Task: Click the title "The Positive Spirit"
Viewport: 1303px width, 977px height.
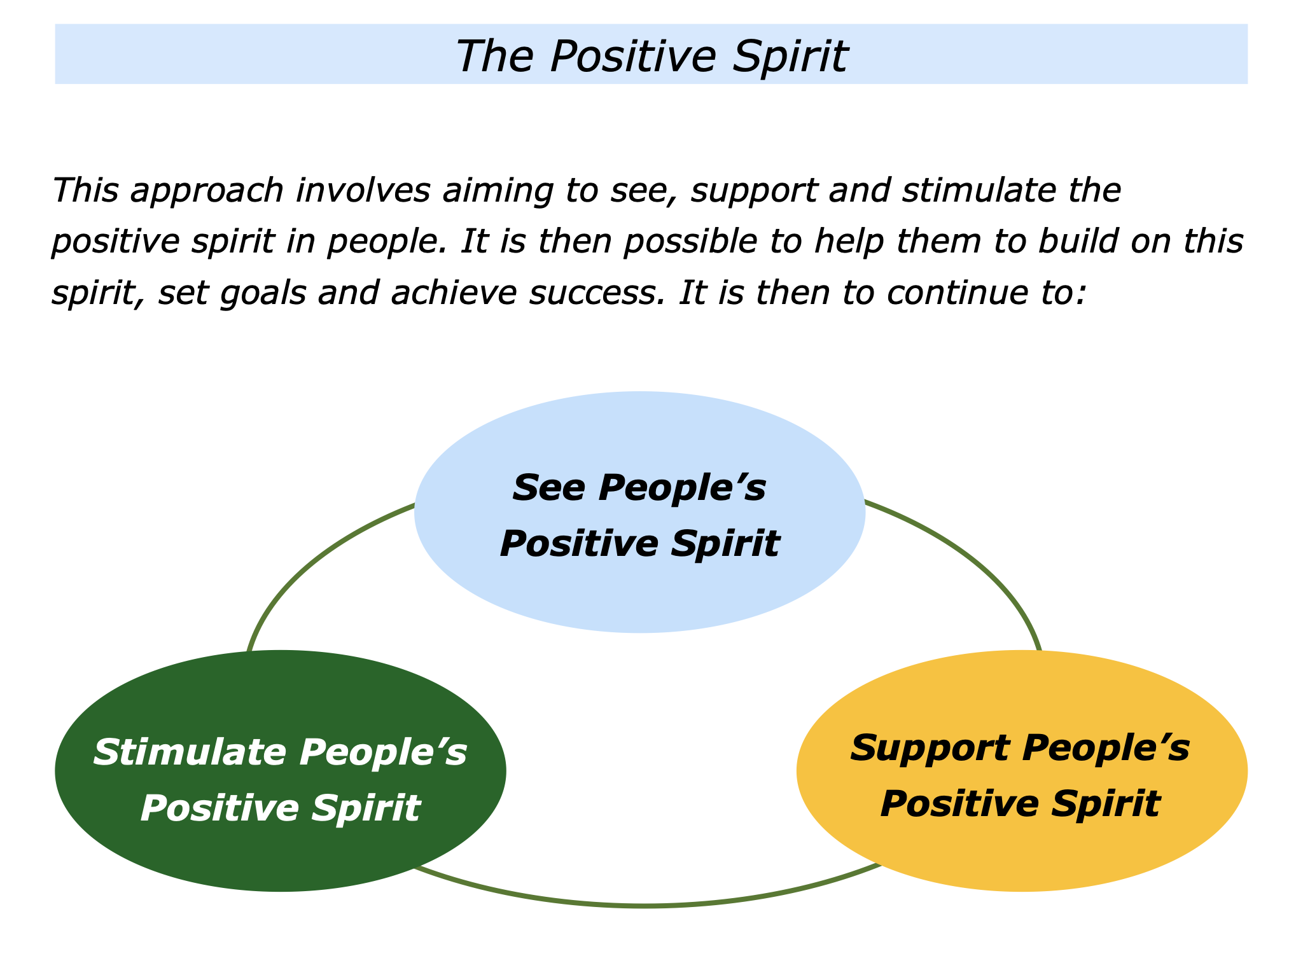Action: (651, 56)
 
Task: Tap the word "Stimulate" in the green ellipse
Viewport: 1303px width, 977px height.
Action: (190, 752)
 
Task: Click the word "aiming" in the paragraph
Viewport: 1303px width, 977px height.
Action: (496, 191)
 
